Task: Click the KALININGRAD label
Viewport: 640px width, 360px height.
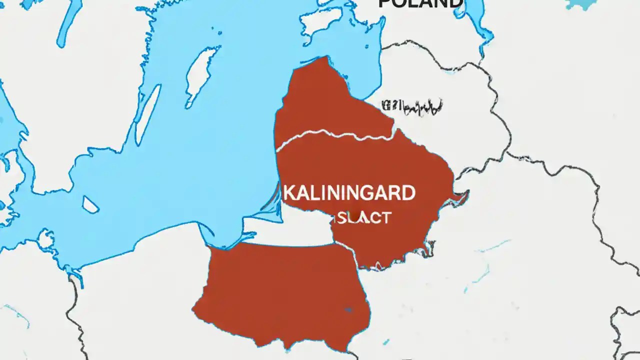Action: [x=349, y=193]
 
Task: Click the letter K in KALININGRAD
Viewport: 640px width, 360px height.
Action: [x=288, y=193]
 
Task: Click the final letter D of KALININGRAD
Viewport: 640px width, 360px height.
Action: [x=408, y=193]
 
